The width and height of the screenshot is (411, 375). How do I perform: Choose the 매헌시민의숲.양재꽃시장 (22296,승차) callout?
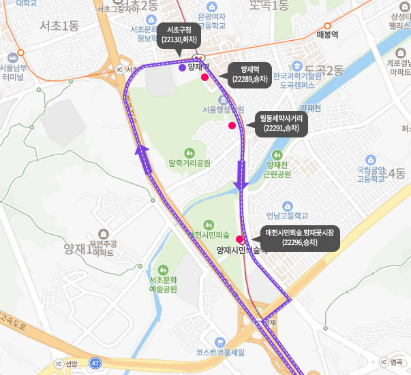pyautogui.click(x=300, y=238)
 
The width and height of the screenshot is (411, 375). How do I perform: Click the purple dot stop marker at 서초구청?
pyautogui.click(x=181, y=68)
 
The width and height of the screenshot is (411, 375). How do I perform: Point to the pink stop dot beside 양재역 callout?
pyautogui.click(x=204, y=78)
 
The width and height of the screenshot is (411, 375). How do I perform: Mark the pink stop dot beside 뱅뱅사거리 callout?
pyautogui.click(x=232, y=126)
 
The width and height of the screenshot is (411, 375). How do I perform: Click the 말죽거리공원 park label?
pyautogui.click(x=189, y=163)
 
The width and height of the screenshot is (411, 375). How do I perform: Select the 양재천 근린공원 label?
pyautogui.click(x=278, y=169)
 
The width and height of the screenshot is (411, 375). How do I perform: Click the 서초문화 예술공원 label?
pyautogui.click(x=163, y=284)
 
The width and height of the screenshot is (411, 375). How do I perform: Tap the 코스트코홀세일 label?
pyautogui.click(x=219, y=352)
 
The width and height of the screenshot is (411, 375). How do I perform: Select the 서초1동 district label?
pyautogui.click(x=59, y=27)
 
